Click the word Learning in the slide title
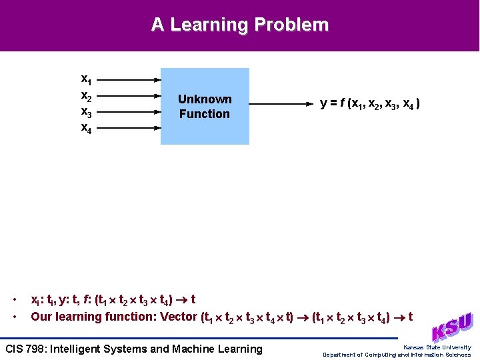click(211, 25)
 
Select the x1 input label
click(87, 79)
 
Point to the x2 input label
click(87, 95)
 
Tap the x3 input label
click(87, 111)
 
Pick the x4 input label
click(87, 127)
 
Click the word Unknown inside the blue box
click(205, 99)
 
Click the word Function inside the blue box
click(205, 114)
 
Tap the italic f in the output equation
click(342, 103)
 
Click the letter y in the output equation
click(323, 104)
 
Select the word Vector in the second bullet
click(179, 317)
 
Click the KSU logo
click(453, 327)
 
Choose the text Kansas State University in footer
click(437, 347)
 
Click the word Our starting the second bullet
click(41, 317)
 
